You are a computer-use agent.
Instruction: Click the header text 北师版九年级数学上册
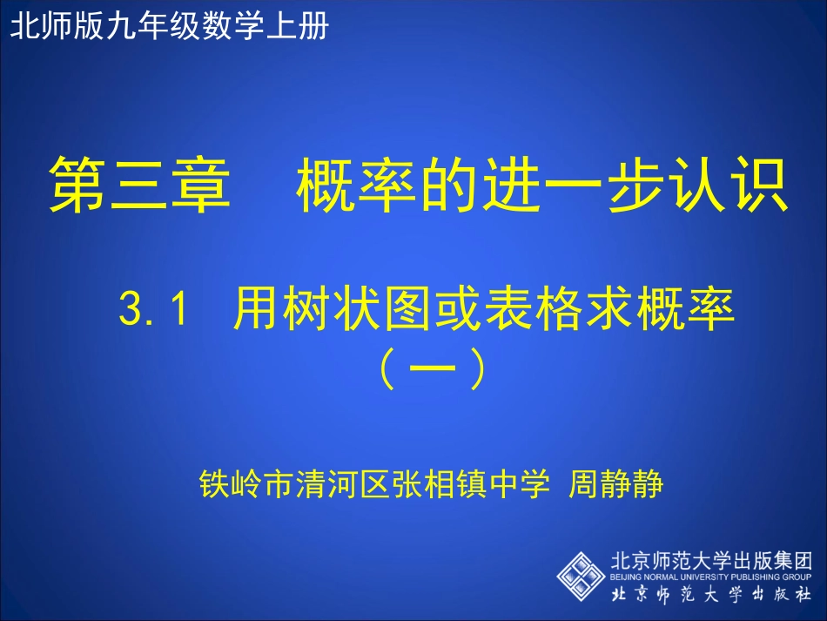click(169, 27)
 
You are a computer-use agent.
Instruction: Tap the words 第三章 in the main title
click(138, 186)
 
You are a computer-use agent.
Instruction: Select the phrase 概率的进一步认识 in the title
click(541, 186)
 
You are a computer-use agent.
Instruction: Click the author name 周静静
click(615, 482)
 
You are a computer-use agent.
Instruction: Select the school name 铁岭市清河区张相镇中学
click(374, 482)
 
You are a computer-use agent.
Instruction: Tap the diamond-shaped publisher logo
click(581, 574)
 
